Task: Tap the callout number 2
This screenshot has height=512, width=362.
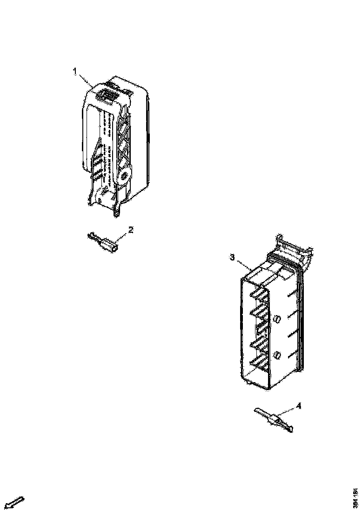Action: (x=131, y=229)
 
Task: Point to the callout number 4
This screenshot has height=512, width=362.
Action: (x=298, y=406)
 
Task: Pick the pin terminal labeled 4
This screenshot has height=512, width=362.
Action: (x=275, y=420)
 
